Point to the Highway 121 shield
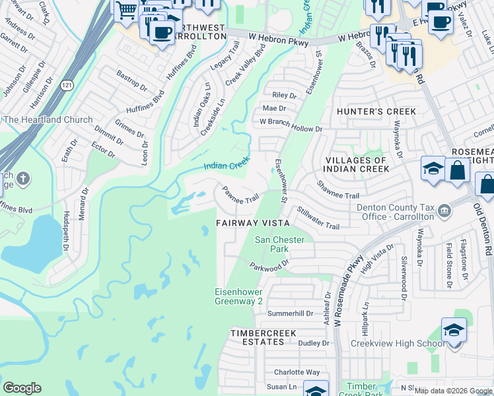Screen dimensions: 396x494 65,85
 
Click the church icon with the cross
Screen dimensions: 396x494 23,178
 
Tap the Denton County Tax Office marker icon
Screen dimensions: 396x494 445,211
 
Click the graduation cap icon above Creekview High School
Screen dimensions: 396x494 454,329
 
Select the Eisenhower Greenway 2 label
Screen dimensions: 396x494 239,296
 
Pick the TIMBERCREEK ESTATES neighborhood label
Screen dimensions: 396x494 262,338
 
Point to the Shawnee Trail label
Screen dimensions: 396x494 337,191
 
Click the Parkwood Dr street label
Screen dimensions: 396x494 269,267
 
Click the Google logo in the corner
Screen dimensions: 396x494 22,388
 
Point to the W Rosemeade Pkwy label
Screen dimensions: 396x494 348,291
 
